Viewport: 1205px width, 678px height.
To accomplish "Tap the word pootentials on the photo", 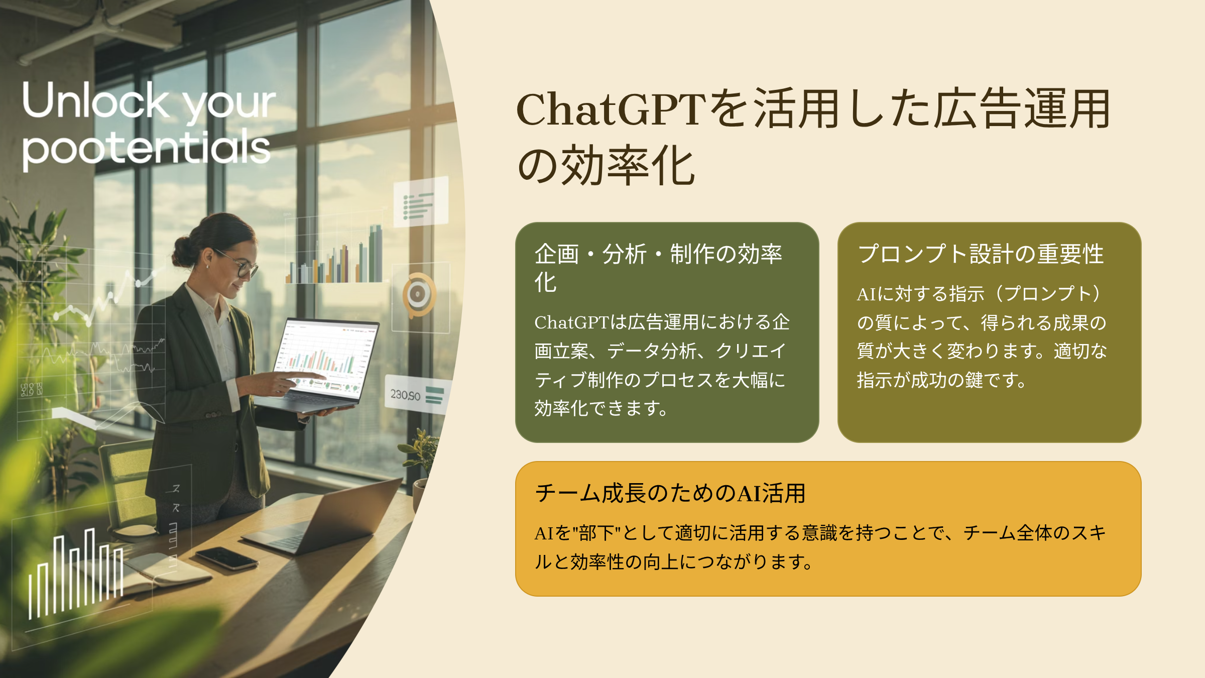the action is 147,147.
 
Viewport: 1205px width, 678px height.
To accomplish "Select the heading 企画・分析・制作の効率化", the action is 658,268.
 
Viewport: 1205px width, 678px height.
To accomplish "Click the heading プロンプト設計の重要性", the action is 981,254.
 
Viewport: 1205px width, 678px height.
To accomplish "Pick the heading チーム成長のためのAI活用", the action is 670,493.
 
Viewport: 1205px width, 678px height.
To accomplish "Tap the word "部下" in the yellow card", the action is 597,533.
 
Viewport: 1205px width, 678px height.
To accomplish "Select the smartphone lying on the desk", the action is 226,558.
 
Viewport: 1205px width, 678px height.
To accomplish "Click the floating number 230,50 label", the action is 405,395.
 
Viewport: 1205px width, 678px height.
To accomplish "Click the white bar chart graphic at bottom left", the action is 75,573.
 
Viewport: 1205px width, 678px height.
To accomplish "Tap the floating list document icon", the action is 421,201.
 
